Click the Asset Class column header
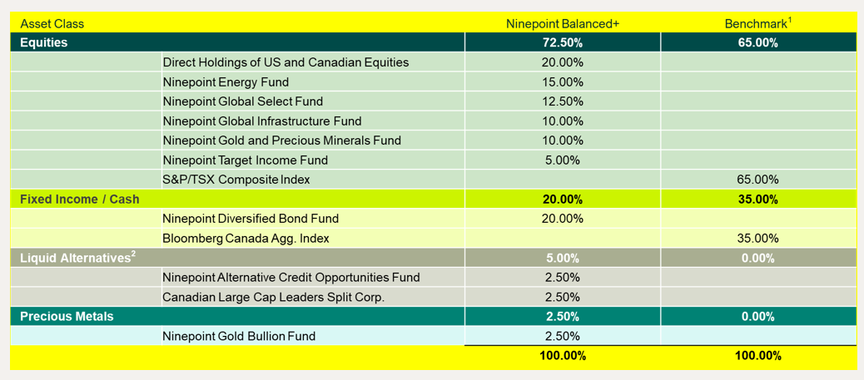[x=52, y=23]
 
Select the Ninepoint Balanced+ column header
[x=563, y=23]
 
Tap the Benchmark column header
[x=757, y=23]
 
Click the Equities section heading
[x=43, y=42]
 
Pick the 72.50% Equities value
[x=563, y=42]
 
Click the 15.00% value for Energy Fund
[x=563, y=81]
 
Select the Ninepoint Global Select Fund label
[x=242, y=101]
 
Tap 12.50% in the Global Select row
[x=563, y=101]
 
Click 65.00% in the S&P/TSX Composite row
[x=757, y=180]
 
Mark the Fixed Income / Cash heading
[x=80, y=200]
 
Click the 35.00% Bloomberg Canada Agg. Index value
[x=757, y=239]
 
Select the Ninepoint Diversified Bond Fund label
[x=251, y=219]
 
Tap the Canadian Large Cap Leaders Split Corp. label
[x=273, y=297]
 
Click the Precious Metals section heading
[x=67, y=317]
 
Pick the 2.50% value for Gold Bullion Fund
[x=563, y=336]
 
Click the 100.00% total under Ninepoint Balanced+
[x=563, y=356]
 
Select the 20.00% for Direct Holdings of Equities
[x=563, y=62]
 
